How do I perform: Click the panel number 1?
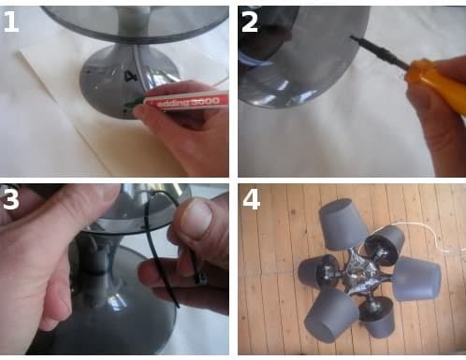coord(11,22)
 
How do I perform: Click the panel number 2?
coord(250,22)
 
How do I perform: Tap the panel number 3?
coord(11,198)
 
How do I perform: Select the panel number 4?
coord(252,199)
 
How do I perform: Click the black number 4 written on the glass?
coord(129,76)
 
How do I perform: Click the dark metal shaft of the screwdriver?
coord(379,51)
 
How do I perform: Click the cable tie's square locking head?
coord(201,277)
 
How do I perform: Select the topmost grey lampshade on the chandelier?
coord(343,223)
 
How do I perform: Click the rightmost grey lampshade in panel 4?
coord(417,278)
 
